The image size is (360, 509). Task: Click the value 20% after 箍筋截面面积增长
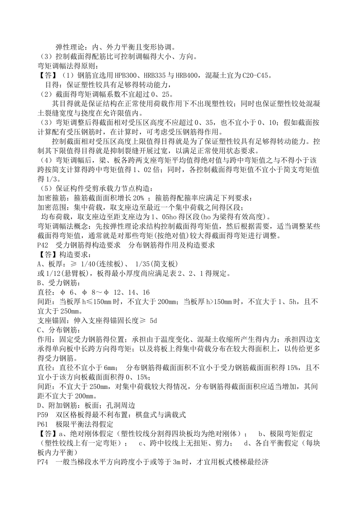coord(139,198)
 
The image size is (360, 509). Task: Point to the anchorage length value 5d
coord(153,320)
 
